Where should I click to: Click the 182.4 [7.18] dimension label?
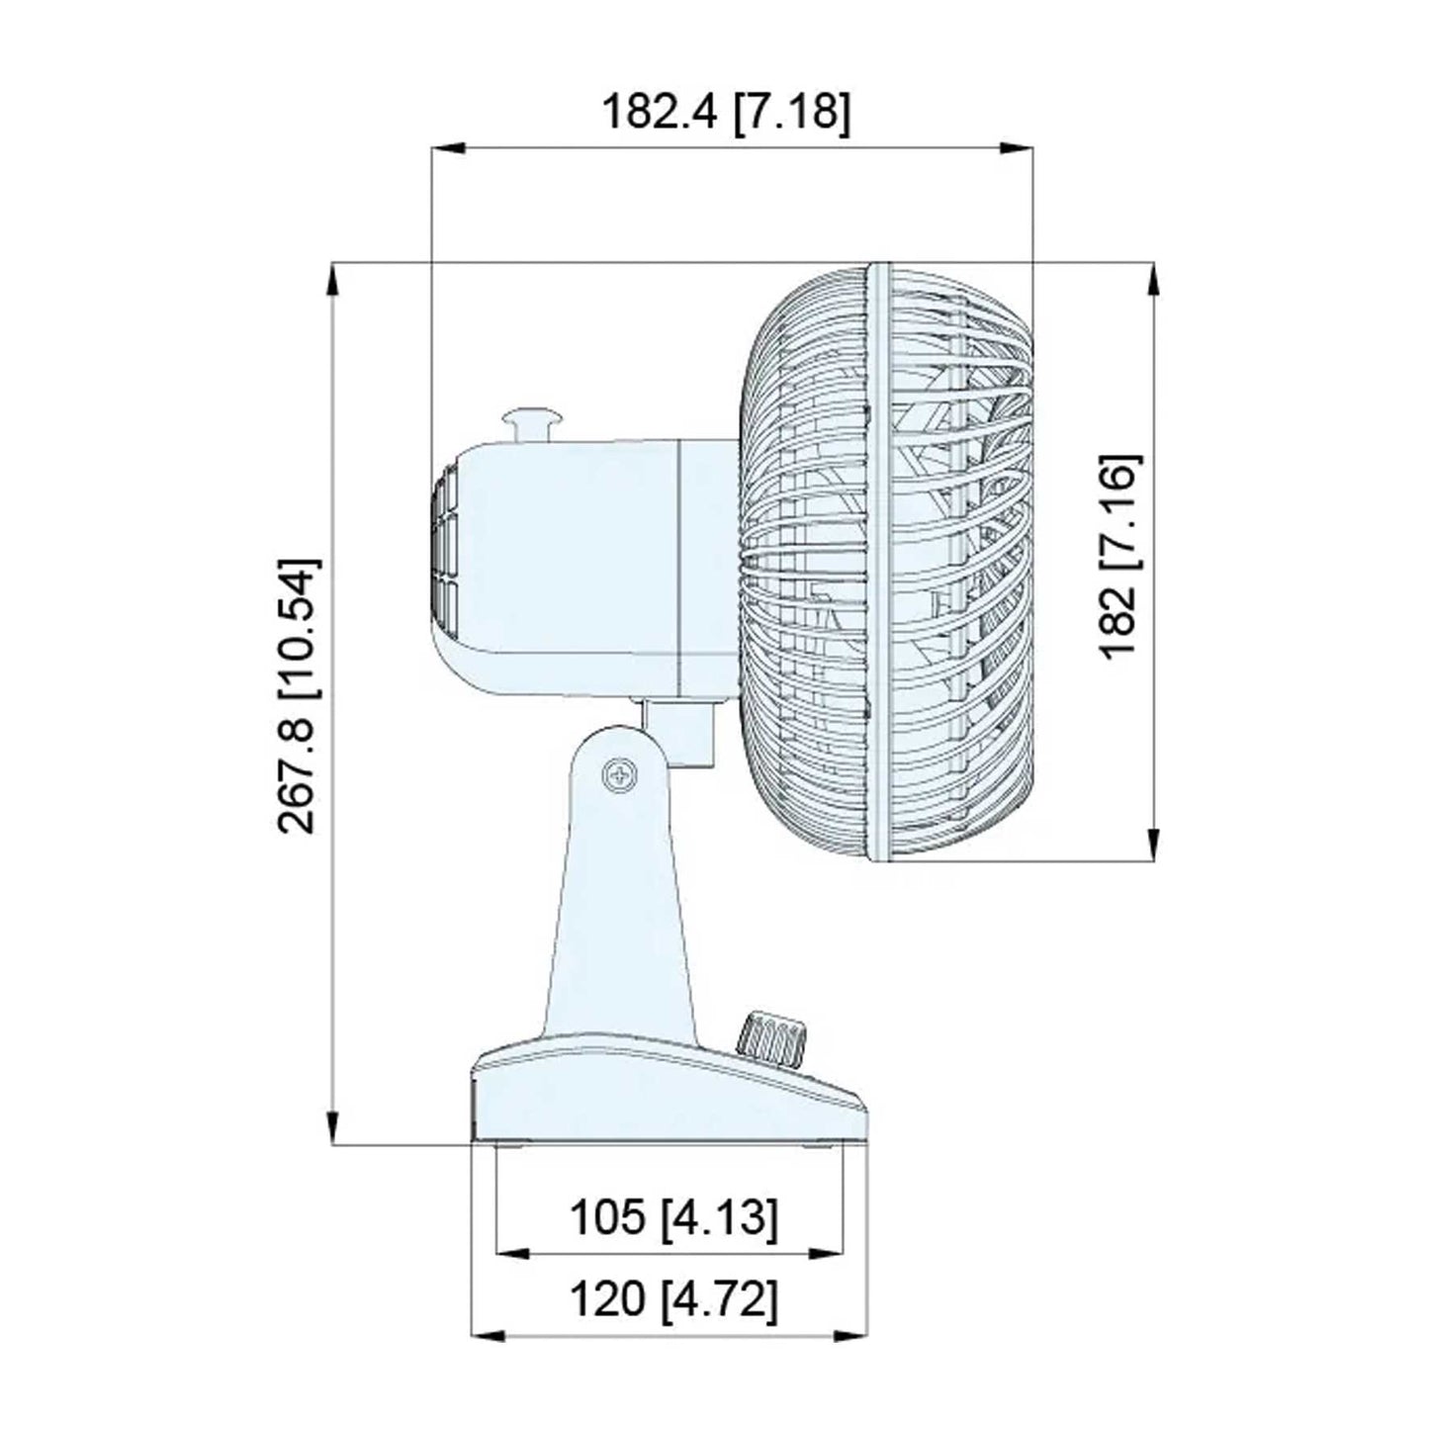pyautogui.click(x=726, y=112)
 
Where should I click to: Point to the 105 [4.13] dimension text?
pyautogui.click(x=672, y=1216)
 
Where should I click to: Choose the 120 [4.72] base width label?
pyautogui.click(x=672, y=1298)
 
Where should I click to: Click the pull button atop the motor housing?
pyautogui.click(x=532, y=427)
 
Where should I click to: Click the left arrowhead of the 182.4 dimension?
pyautogui.click(x=447, y=149)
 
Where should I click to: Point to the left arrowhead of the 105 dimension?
pyautogui.click(x=510, y=1253)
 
